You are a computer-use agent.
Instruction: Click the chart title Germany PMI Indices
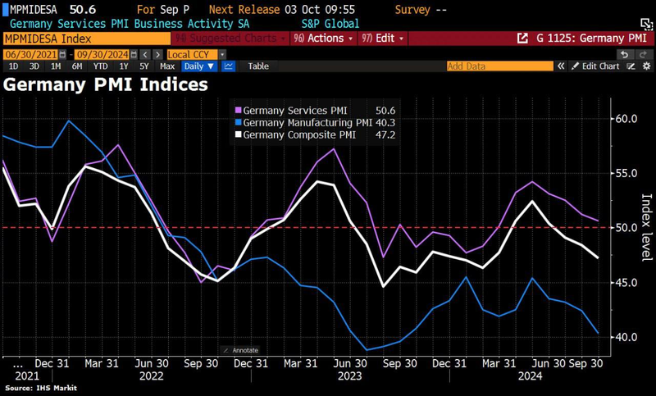tap(107, 84)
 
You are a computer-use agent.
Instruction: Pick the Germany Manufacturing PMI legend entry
tap(300, 122)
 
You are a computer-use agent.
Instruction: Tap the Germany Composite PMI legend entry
tap(295, 134)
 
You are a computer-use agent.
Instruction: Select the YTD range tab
tap(101, 66)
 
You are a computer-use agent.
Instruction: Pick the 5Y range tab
tap(144, 66)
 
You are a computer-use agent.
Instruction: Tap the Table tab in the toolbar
tap(257, 66)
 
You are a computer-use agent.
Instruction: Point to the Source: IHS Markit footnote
tap(38, 389)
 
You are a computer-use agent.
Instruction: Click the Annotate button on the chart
tap(241, 350)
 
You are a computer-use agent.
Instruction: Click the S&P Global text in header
tap(325, 24)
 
